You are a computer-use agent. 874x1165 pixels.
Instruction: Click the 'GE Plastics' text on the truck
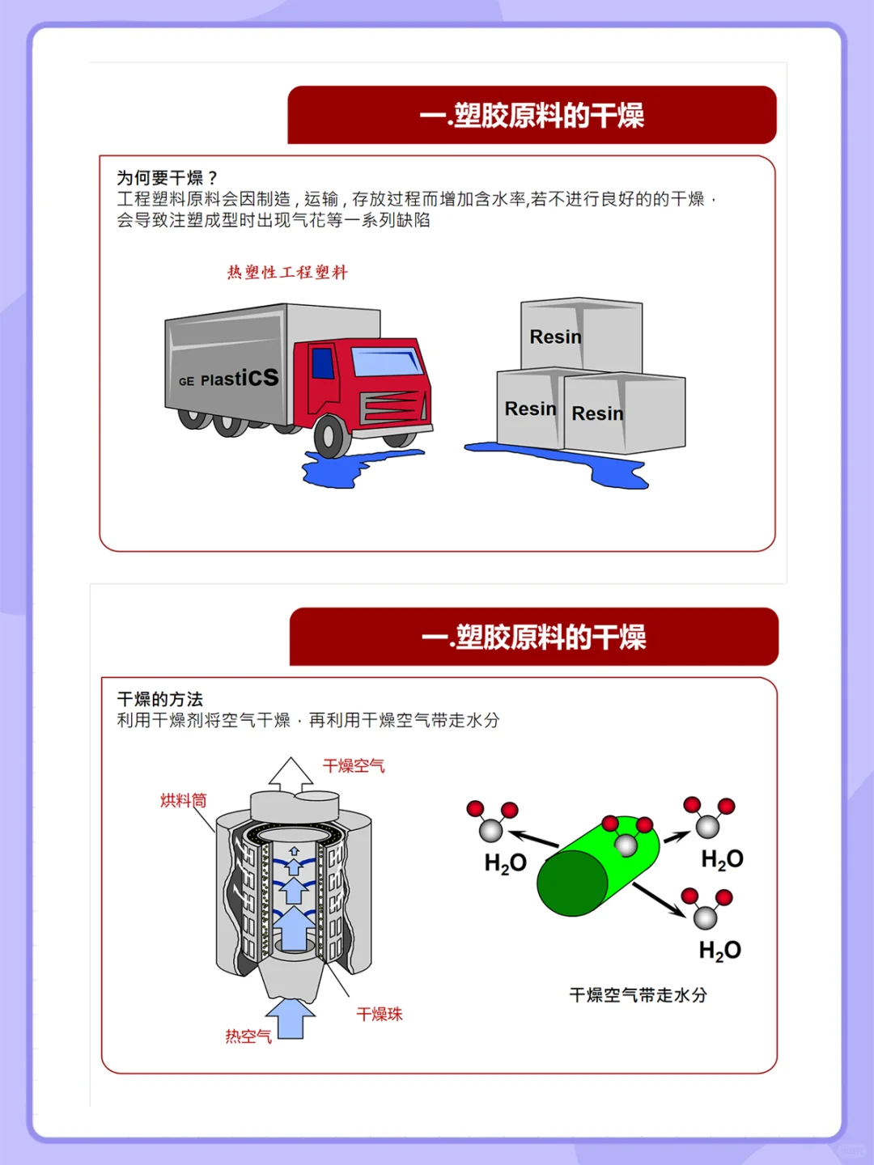pos(229,379)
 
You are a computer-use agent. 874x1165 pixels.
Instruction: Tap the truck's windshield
pos(388,361)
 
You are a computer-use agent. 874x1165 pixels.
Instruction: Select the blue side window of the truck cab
pos(323,363)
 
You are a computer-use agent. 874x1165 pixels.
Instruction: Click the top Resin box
pos(581,335)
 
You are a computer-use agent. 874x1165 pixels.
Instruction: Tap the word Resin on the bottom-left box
pos(530,409)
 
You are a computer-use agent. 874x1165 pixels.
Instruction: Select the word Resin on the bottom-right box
pos(597,413)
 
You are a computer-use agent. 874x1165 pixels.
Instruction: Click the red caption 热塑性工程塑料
pos(287,273)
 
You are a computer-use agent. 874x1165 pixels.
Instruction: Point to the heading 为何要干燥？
pos(168,177)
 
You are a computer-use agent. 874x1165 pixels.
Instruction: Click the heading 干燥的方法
pos(160,699)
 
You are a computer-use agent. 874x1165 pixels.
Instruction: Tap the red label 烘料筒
pos(183,800)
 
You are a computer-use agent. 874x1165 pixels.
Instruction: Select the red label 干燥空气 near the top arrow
pos(354,765)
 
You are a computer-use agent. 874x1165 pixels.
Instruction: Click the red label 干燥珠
pos(380,1014)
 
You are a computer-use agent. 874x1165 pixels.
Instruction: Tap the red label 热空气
pos(248,1036)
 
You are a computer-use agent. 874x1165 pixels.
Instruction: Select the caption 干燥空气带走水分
pos(638,995)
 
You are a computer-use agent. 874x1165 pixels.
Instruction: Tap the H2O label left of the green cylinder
pos(505,863)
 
